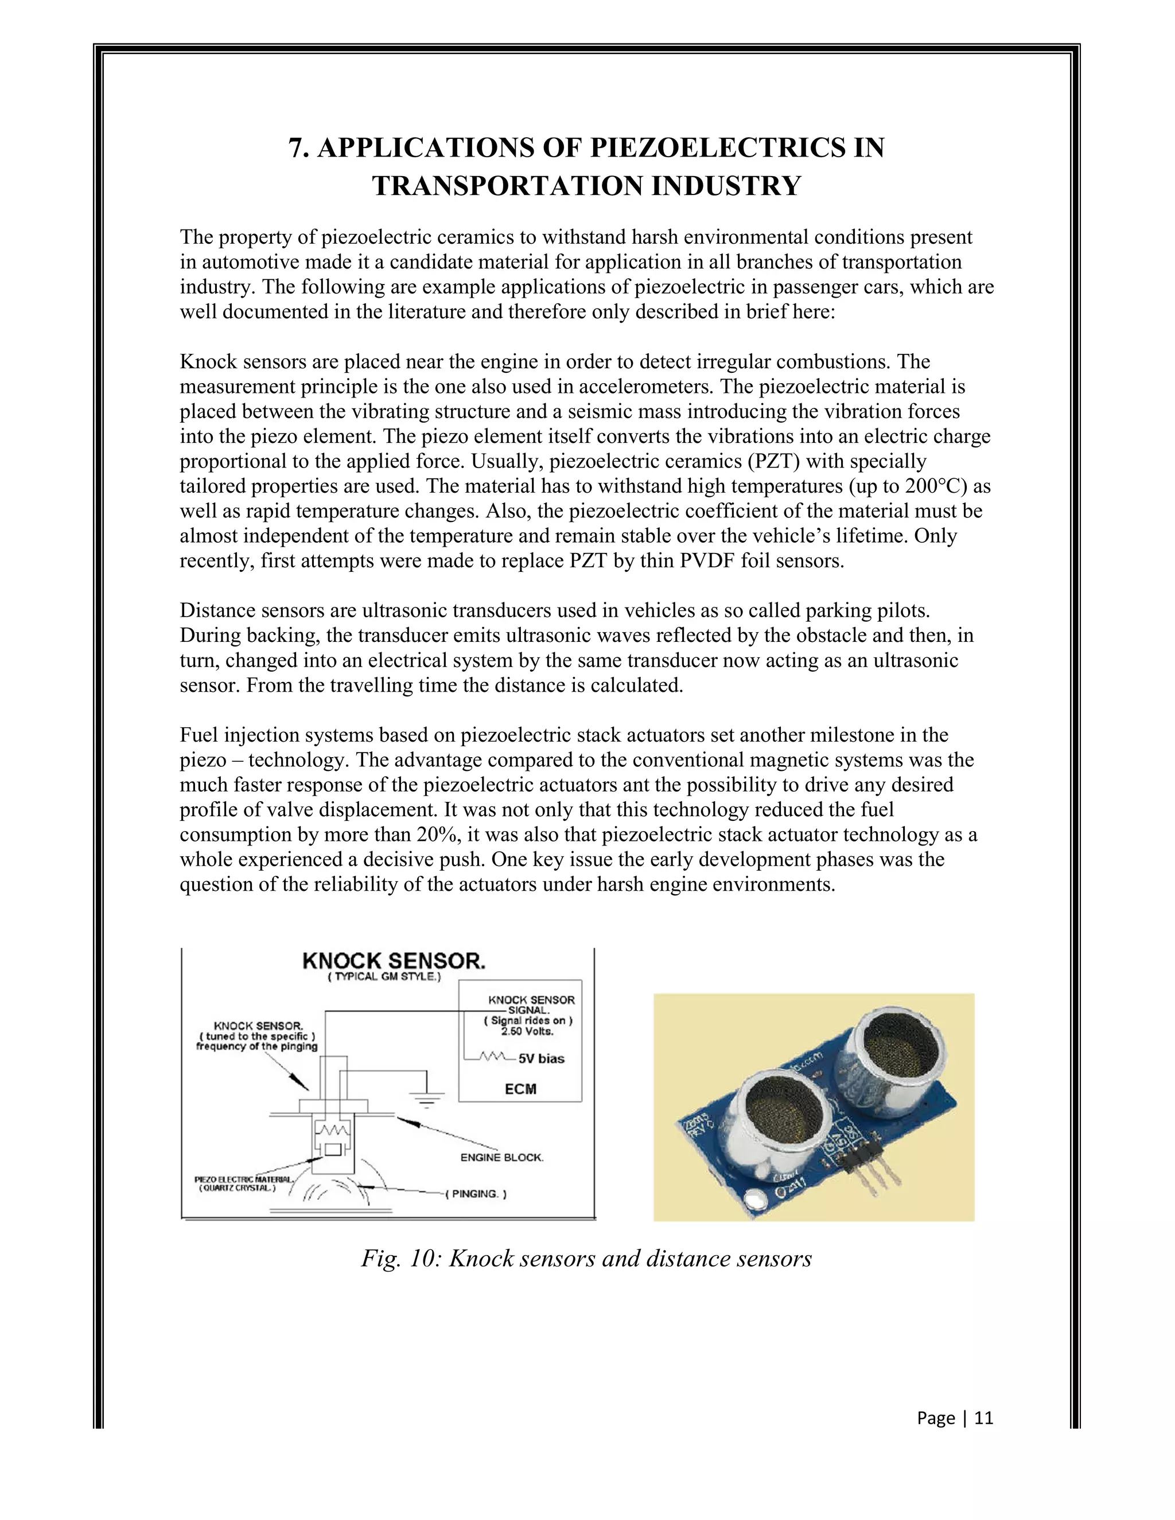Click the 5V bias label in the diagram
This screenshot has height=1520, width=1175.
pyautogui.click(x=541, y=1059)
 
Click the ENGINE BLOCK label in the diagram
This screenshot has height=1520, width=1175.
pyautogui.click(x=501, y=1157)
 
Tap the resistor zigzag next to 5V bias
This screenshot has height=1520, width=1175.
pyautogui.click(x=493, y=1057)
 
